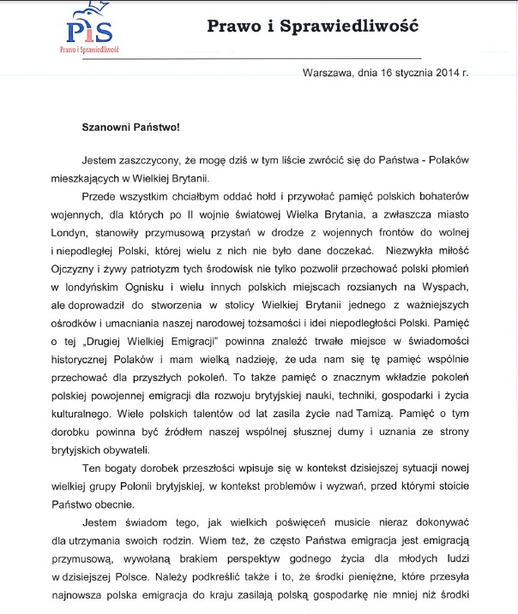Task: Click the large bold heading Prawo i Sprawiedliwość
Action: (312, 26)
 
